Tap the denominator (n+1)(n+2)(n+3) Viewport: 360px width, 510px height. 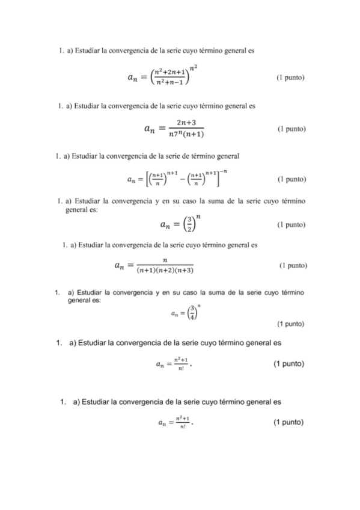tap(165, 271)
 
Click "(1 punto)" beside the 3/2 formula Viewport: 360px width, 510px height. tap(291, 225)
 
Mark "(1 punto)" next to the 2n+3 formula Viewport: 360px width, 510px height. tap(292, 129)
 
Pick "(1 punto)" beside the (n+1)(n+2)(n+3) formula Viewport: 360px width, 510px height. tap(293, 265)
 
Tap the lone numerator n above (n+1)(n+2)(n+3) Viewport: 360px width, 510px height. tap(164, 260)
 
